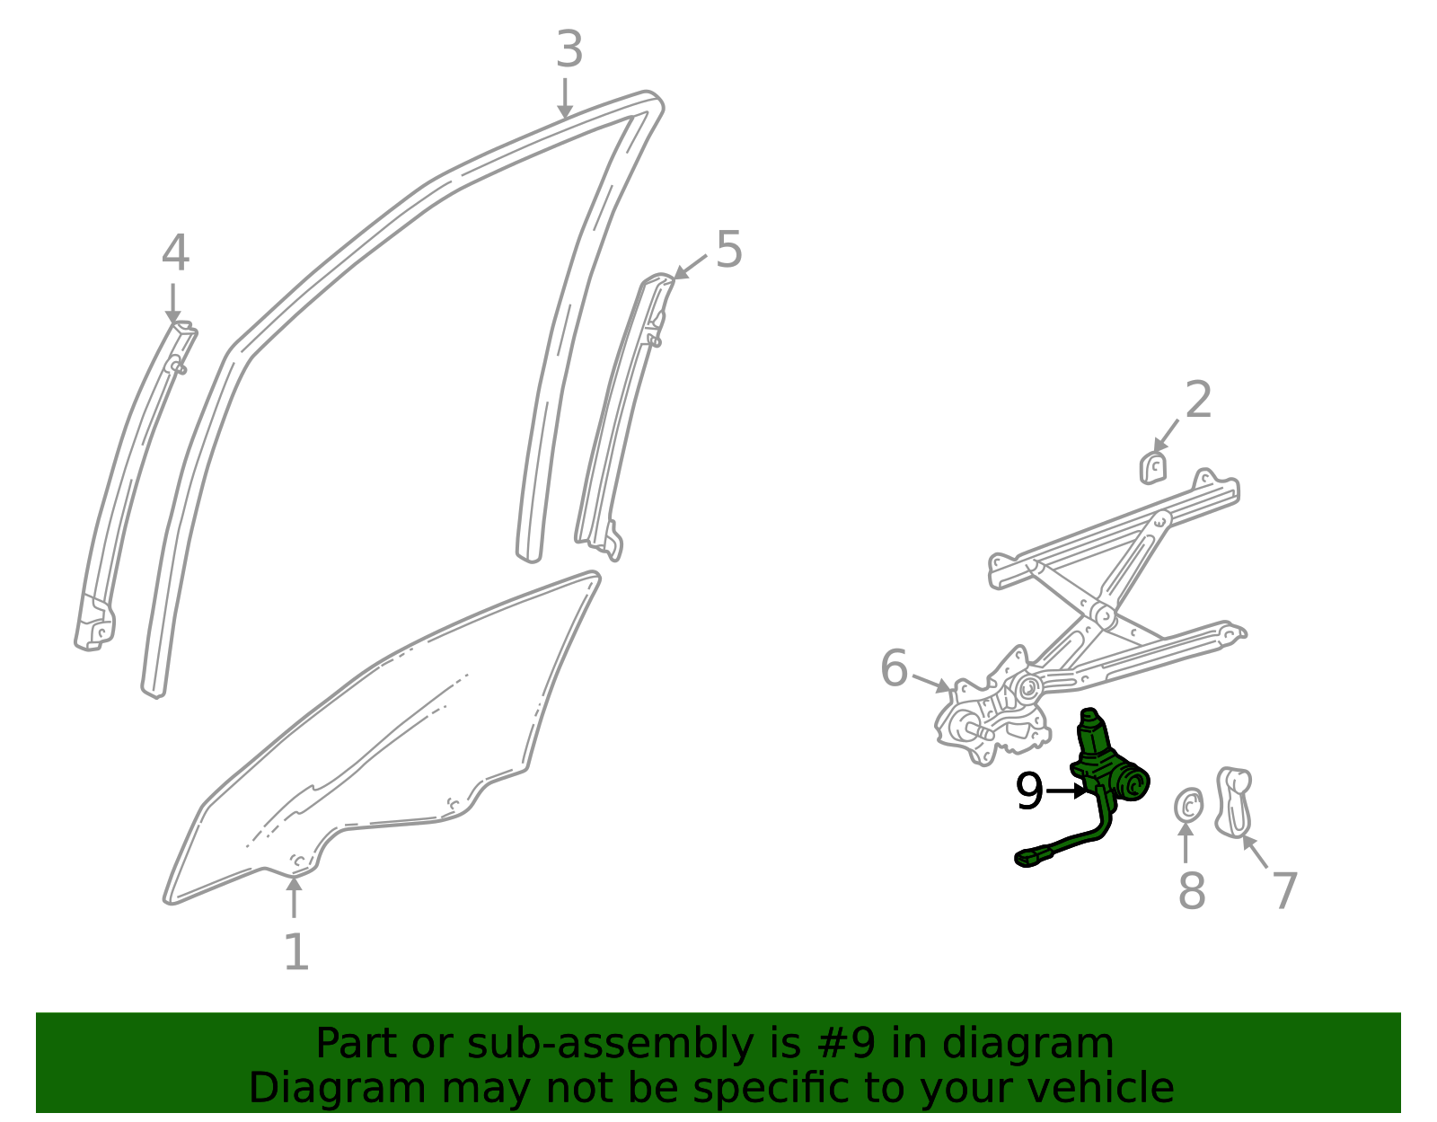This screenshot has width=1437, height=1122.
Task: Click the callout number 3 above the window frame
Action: [569, 49]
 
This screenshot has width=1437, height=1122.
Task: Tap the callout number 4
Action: [175, 253]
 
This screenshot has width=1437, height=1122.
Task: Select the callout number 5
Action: [728, 250]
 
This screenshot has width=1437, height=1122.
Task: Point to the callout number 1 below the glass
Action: [295, 952]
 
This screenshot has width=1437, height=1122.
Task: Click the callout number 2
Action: [1198, 400]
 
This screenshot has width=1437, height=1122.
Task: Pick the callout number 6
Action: [894, 668]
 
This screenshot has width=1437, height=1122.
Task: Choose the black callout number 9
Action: [1029, 791]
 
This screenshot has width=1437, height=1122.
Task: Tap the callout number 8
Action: [1192, 890]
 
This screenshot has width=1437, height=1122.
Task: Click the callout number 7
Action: [1284, 890]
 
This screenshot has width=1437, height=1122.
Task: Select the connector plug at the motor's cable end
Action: [1032, 858]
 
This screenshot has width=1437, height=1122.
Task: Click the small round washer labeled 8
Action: [1188, 806]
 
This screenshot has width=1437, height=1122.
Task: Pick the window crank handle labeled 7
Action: [1234, 801]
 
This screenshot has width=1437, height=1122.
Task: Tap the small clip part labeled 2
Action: [1152, 468]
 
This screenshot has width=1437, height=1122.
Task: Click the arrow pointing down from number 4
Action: [173, 304]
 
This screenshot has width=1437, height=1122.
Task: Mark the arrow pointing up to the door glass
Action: [294, 897]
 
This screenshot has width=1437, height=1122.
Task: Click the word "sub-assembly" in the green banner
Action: [611, 1043]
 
